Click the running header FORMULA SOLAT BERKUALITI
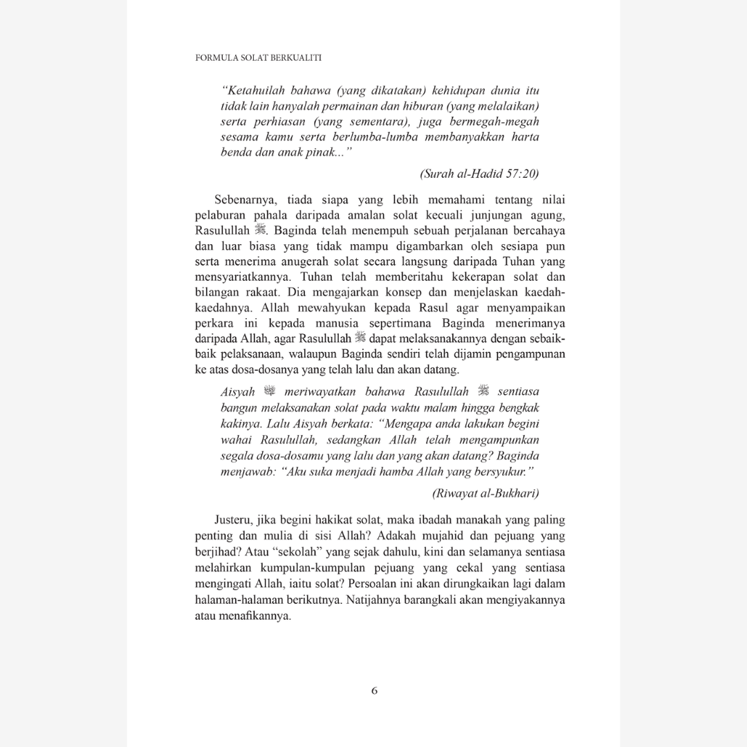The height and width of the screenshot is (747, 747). point(259,58)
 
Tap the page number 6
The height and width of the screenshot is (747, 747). point(374,690)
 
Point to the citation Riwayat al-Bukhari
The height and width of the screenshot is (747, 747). point(486,494)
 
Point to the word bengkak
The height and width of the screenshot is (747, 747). point(517,407)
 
